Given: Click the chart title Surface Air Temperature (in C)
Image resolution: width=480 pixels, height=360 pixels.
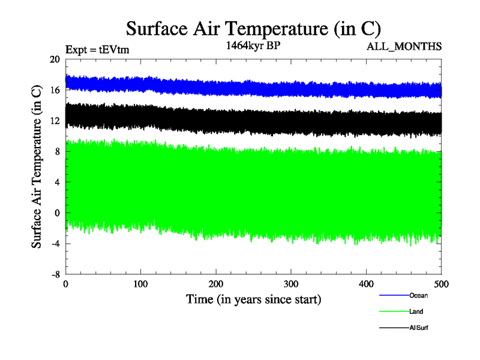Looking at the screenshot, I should coord(253,28).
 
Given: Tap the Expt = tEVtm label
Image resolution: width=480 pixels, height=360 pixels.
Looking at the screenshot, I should coord(97,50).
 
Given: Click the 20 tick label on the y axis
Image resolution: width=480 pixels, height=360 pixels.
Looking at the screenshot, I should coord(55,59).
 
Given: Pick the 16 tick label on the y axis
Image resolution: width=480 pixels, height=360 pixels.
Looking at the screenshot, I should coord(55,90).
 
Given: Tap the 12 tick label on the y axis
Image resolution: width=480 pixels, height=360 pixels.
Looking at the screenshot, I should coord(55,121).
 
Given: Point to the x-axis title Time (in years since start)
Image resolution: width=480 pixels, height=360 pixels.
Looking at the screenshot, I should coord(253,299).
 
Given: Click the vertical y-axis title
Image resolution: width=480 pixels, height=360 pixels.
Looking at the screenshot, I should coord(37,167).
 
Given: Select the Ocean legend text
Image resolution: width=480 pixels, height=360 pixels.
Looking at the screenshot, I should coord(418,295).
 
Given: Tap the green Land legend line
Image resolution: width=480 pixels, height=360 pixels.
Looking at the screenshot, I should coord(394,311).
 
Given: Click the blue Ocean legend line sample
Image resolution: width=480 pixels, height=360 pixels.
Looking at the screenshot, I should coord(394,295).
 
